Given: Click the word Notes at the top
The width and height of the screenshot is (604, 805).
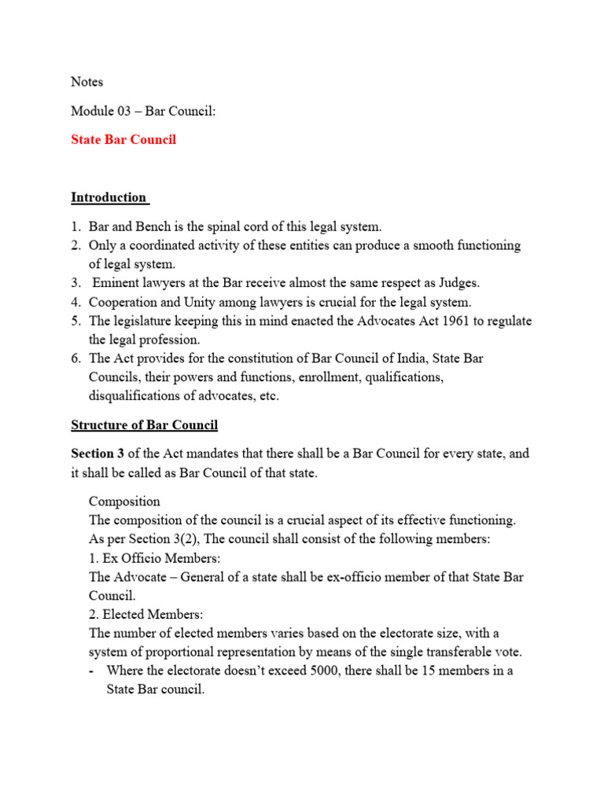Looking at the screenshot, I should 87,82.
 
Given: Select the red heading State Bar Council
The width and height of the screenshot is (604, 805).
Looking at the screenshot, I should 123,139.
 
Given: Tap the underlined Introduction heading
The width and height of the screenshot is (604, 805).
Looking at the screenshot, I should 109,197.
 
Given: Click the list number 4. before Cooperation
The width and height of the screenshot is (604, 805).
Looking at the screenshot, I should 76,302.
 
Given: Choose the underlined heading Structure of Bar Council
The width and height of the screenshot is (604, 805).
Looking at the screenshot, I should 145,425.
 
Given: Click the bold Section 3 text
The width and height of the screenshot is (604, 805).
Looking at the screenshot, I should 101,454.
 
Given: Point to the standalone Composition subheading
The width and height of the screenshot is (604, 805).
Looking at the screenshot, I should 124,502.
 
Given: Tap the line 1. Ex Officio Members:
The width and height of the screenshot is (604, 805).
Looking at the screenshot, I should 154,558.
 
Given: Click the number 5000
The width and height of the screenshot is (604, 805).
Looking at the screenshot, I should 326,671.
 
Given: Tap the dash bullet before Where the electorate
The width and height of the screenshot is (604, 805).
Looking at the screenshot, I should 93,671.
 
